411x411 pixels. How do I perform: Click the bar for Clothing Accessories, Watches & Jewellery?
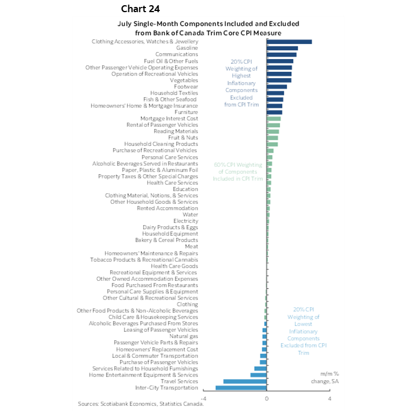289,42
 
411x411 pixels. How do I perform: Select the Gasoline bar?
282,48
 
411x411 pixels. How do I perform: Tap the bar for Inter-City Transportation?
241,387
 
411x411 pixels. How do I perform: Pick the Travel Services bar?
245,381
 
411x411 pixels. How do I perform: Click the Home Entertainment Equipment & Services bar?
258,375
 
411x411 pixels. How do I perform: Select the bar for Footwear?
277,86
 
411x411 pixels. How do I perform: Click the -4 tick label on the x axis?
203,398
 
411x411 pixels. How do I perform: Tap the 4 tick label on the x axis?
329,398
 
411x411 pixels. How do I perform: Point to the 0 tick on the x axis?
267,398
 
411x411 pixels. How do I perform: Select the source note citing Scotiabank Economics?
141,403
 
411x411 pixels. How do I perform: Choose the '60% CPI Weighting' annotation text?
238,172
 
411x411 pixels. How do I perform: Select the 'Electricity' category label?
185,221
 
